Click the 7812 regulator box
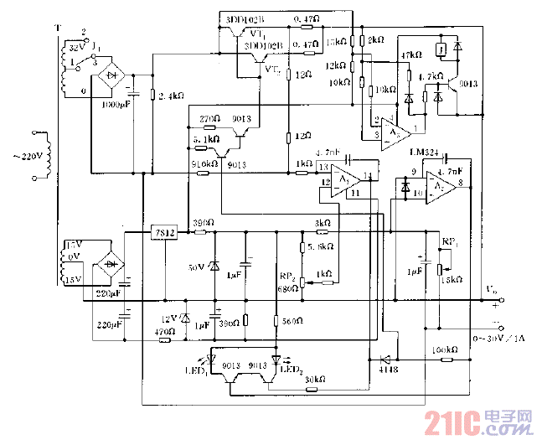[x=163, y=232]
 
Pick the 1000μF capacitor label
[x=116, y=105]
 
